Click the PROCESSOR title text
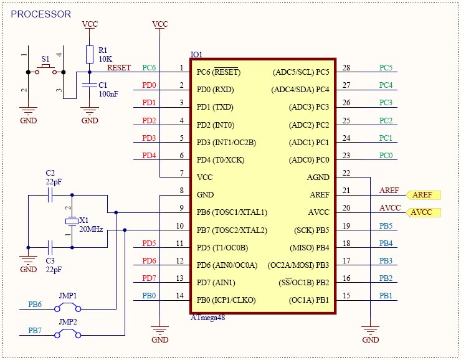[x=42, y=14]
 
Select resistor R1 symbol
[x=90, y=54]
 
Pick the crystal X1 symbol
[x=72, y=221]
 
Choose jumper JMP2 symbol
[x=67, y=334]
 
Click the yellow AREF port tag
[x=423, y=195]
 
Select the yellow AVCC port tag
[x=423, y=212]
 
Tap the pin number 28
[x=346, y=68]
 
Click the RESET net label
[x=119, y=67]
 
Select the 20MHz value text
[x=92, y=229]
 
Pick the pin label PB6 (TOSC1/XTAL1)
[x=232, y=212]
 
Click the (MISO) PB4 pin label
[x=305, y=247]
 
